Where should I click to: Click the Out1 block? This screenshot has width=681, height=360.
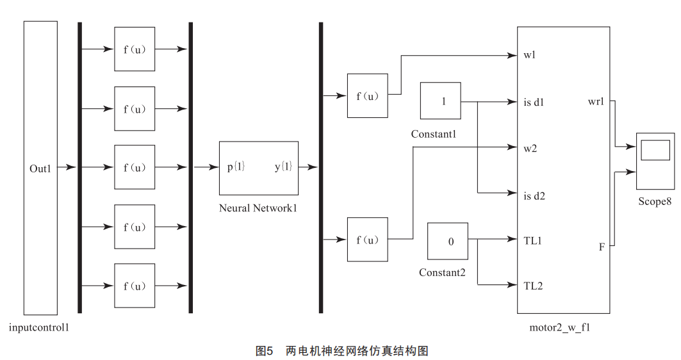(x=40, y=168)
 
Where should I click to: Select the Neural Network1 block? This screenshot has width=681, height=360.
(x=258, y=168)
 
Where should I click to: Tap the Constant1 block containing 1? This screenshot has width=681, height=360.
(x=440, y=101)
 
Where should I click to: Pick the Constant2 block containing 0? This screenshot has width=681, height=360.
(x=448, y=241)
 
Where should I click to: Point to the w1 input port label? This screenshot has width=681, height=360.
(x=529, y=55)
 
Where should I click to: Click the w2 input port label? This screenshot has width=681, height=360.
(x=530, y=149)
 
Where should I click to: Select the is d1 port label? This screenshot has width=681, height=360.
(x=534, y=102)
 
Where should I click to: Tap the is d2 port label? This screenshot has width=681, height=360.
(x=534, y=196)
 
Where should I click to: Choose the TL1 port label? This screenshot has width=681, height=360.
(x=532, y=241)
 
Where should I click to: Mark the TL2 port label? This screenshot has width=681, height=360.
(x=532, y=286)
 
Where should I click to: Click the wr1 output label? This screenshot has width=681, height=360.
(x=596, y=102)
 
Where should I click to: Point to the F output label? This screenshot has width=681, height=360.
(x=602, y=246)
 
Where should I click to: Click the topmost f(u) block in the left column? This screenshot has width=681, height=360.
(x=135, y=49)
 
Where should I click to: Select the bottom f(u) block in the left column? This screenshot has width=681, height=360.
(x=135, y=286)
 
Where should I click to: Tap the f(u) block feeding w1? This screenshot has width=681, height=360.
(x=367, y=96)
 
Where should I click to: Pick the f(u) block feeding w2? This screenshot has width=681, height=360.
(x=367, y=240)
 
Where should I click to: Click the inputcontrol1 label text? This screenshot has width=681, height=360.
(x=39, y=328)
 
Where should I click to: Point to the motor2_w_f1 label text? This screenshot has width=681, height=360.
(x=559, y=328)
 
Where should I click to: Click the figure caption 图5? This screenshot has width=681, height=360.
(x=265, y=350)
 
